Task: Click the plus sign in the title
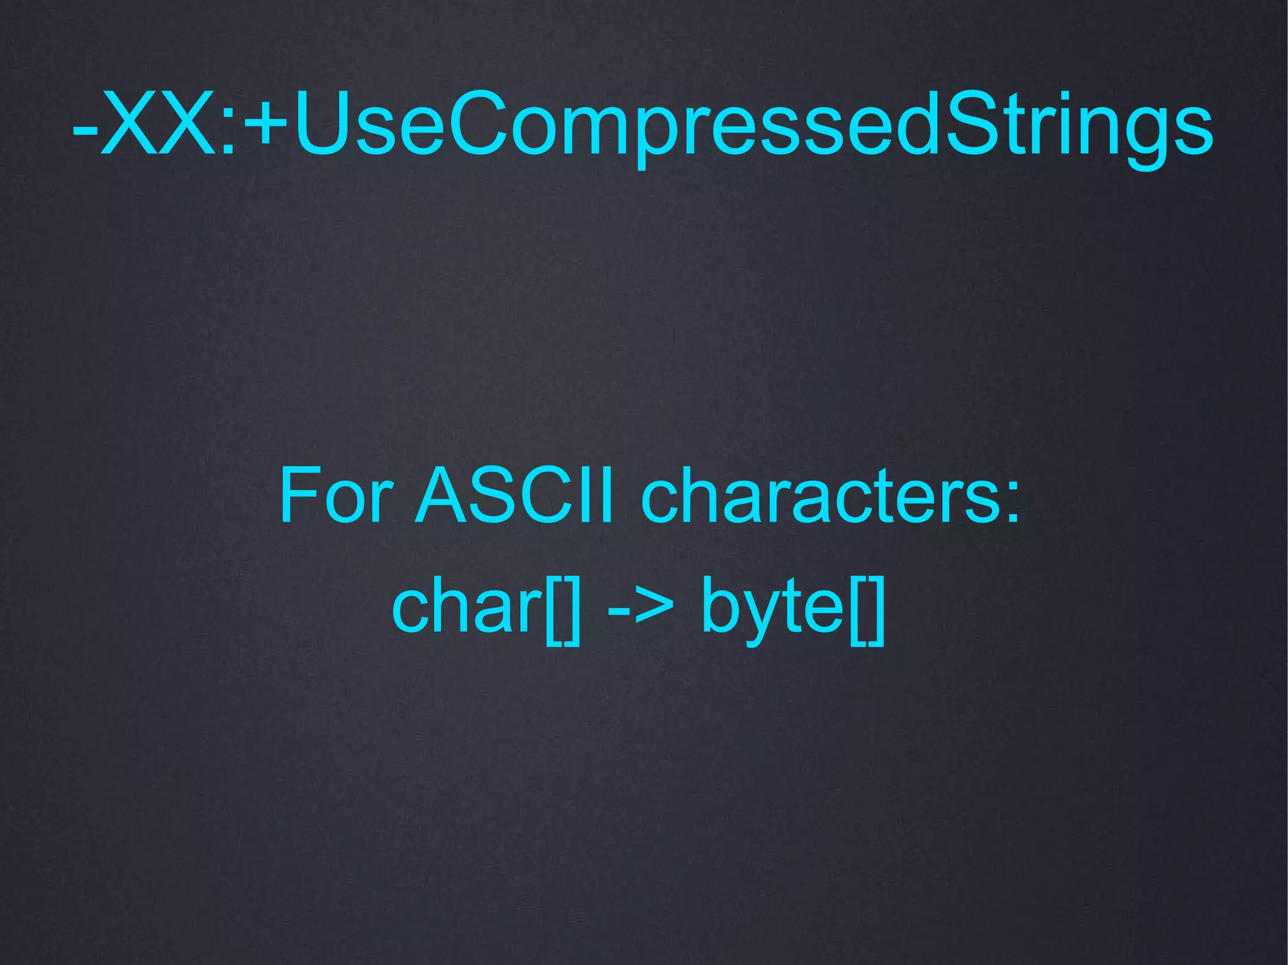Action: click(x=267, y=123)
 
